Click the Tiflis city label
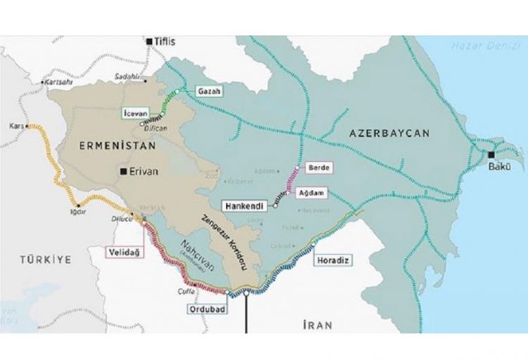click(166, 42)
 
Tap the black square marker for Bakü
click(491, 154)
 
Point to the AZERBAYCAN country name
click(389, 132)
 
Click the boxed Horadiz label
click(335, 260)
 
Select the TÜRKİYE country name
click(46, 259)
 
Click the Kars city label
click(17, 125)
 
